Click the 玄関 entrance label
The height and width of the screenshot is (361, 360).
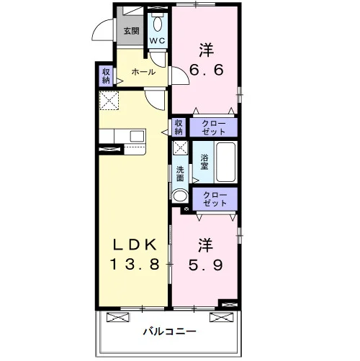[x=132, y=31]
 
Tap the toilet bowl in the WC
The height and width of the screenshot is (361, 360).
[x=158, y=24]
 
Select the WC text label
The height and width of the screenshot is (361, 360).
[x=157, y=40]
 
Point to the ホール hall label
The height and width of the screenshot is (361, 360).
[x=143, y=72]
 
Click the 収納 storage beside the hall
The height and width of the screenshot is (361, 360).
[x=106, y=76]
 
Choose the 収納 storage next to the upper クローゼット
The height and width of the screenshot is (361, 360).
[x=179, y=127]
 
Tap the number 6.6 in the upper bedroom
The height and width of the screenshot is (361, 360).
[x=207, y=70]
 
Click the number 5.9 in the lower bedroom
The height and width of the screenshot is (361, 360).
[x=206, y=265]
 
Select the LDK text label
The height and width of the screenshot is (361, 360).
[x=135, y=245]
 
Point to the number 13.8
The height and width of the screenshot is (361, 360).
[x=135, y=264]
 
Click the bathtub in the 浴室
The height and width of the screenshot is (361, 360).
[x=225, y=162]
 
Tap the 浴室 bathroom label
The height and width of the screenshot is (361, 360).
[x=204, y=162]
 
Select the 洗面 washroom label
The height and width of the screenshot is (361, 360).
[x=180, y=174]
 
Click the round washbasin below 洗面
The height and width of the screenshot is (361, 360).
[x=180, y=196]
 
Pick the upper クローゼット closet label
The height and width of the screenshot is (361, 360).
[x=214, y=127]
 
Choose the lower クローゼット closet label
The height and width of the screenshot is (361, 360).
[x=215, y=199]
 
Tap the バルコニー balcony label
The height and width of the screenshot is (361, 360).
[x=170, y=332]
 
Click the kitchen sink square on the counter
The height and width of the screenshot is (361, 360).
[x=137, y=137]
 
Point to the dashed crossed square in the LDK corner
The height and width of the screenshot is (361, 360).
[x=109, y=101]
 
